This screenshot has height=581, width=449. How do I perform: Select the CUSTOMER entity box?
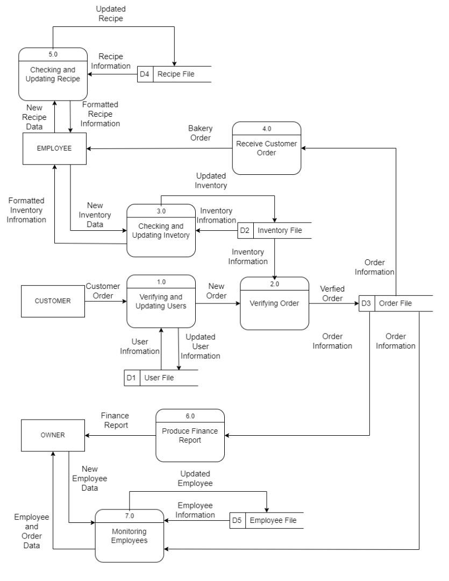[52, 301]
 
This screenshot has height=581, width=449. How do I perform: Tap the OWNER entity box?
[52, 436]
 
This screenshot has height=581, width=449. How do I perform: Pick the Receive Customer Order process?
[266, 148]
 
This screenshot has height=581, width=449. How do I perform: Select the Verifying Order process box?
[274, 303]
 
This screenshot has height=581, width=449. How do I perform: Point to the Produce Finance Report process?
[190, 436]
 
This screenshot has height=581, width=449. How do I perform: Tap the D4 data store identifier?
[145, 74]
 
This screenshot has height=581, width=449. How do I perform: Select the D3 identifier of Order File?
[366, 303]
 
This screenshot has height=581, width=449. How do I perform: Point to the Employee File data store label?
[273, 520]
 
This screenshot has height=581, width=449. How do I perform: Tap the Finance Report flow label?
[115, 420]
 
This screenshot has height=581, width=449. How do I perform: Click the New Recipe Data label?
[34, 117]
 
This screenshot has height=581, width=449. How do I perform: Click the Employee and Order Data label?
[31, 531]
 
